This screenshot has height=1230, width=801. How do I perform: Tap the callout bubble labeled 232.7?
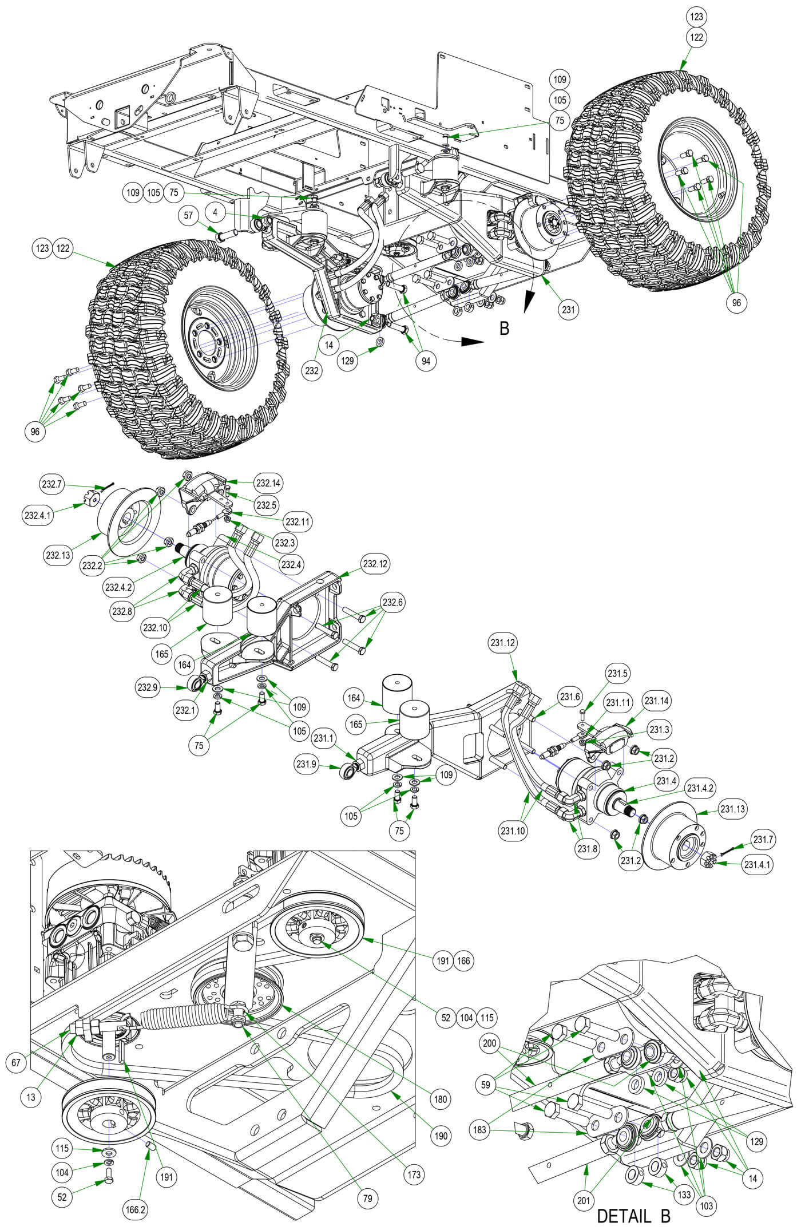coord(51,485)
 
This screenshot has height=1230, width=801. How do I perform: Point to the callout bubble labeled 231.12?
coord(503,643)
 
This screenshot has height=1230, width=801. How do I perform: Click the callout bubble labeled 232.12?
coord(375,564)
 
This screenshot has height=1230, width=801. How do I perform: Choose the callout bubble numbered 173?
coord(414,1174)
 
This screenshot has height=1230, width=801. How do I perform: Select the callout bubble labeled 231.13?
coord(733,809)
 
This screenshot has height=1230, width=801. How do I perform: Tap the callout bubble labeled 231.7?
coord(764,840)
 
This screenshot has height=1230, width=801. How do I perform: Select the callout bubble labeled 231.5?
coord(617,673)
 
